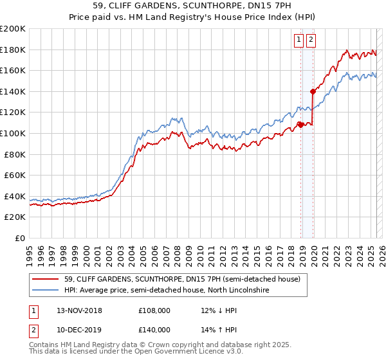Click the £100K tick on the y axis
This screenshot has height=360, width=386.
[13, 133]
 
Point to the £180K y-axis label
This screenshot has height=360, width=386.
[13, 50]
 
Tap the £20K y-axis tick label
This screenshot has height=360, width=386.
[15, 217]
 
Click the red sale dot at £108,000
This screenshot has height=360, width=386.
[301, 125]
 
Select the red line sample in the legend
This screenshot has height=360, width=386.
[46, 280]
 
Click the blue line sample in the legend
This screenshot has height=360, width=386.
[46, 291]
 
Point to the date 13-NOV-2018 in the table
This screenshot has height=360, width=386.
[79, 310]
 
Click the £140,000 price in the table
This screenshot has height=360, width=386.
[154, 330]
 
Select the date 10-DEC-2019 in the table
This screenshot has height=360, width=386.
[79, 330]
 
